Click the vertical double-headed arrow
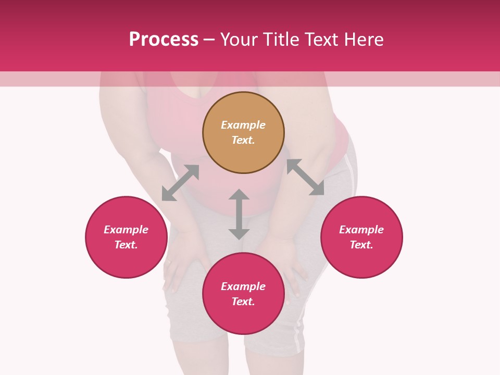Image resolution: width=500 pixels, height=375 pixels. pyautogui.click(x=239, y=214)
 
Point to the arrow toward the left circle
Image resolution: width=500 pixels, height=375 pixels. pyautogui.click(x=180, y=183)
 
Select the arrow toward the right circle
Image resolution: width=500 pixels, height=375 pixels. pyautogui.click(x=305, y=177)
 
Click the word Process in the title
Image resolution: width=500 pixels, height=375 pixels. pyautogui.click(x=164, y=40)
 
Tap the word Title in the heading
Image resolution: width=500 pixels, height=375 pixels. pyautogui.click(x=280, y=40)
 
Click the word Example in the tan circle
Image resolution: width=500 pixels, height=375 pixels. pyautogui.click(x=243, y=125)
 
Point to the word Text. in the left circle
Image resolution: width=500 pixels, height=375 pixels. pyautogui.click(x=126, y=245)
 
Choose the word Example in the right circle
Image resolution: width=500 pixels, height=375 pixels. pyautogui.click(x=361, y=230)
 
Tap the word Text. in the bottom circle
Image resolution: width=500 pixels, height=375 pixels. pyautogui.click(x=243, y=302)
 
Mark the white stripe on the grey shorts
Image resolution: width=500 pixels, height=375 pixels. pyautogui.click(x=298, y=333)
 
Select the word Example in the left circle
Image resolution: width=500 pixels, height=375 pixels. pyautogui.click(x=126, y=230)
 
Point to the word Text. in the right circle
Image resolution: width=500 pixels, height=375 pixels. pyautogui.click(x=361, y=245)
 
